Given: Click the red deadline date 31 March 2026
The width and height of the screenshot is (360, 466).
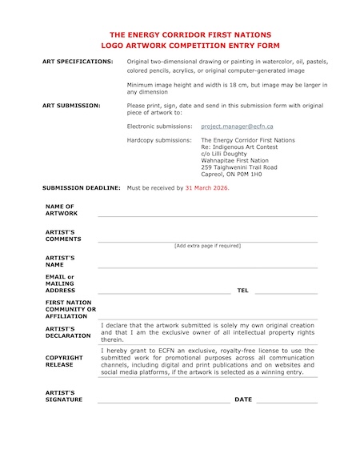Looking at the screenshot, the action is [x=206, y=187].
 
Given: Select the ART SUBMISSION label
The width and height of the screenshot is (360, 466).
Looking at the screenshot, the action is [x=71, y=105].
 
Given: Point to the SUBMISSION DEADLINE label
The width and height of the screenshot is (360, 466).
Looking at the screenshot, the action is [x=81, y=187].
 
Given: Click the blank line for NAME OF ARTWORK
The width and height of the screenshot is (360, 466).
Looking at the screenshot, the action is [x=207, y=215].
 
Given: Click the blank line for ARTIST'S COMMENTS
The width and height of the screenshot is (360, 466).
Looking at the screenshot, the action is [x=207, y=240].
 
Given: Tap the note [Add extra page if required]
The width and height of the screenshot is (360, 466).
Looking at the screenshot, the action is [x=207, y=246].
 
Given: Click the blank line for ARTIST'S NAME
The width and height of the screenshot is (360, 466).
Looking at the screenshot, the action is [x=207, y=267].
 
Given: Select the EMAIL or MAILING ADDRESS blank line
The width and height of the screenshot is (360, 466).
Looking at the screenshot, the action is [x=163, y=292].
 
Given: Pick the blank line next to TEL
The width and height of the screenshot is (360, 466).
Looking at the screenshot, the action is [x=286, y=292].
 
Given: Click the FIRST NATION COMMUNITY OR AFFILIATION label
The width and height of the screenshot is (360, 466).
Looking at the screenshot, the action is [x=70, y=309].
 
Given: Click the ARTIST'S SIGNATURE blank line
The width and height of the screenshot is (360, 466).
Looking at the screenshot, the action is [x=163, y=401].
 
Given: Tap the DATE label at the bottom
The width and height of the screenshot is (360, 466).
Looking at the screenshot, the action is [x=243, y=399].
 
